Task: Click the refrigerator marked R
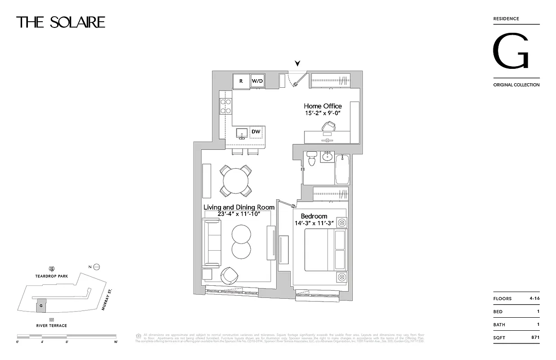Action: coord(241,81)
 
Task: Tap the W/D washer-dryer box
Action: coord(257,81)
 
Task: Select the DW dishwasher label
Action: coord(256,131)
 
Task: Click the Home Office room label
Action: coord(323,106)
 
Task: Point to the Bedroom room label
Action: coord(314,216)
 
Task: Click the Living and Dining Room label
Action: coord(239,207)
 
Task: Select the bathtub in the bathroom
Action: coord(342,169)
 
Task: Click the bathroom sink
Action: coord(327,157)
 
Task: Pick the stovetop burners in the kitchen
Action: coord(225,106)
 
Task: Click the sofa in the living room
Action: coord(211,243)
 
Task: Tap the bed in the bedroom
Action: coord(325,250)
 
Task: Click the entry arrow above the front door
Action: coord(297,63)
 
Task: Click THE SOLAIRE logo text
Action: coord(61,22)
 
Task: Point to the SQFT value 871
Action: coord(534,337)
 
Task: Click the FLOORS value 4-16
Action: coord(534,298)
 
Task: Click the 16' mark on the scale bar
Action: coord(116,342)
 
